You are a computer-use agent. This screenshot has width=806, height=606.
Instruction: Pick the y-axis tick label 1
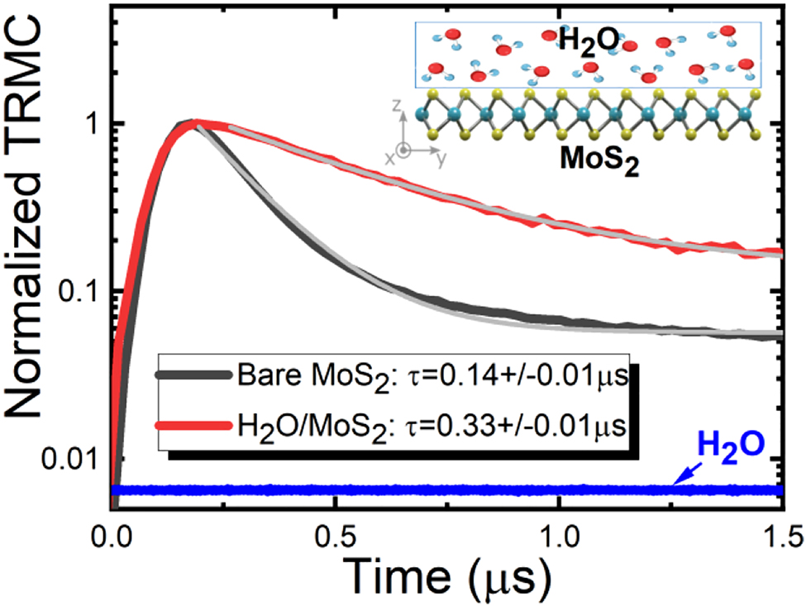[93, 122]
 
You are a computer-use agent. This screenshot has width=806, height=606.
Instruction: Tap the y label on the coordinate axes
[440, 161]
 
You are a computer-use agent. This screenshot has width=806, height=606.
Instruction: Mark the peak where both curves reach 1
[193, 122]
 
